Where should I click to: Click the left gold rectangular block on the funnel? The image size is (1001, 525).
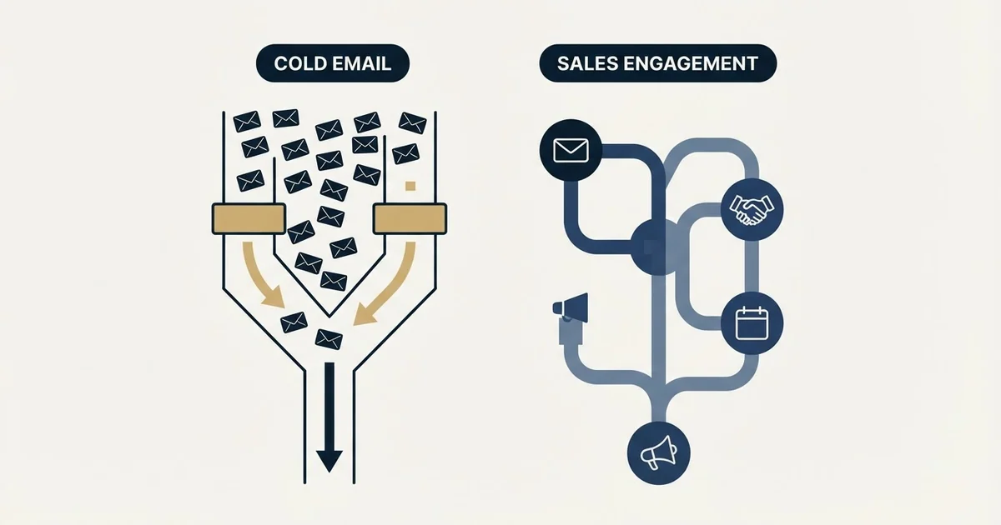[x=249, y=218]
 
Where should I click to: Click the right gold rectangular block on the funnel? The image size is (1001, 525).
[x=410, y=218]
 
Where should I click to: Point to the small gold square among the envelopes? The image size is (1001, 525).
[x=410, y=186]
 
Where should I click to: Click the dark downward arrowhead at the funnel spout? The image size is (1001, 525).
[x=329, y=461]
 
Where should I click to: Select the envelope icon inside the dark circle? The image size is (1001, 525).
[x=571, y=151]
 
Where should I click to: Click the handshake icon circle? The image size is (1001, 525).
[x=752, y=210]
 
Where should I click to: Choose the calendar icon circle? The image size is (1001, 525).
[x=752, y=323]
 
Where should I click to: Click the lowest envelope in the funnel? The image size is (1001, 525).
[x=329, y=340]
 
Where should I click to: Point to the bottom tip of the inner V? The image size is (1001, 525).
[x=329, y=317]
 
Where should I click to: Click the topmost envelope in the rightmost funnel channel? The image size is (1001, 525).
[x=412, y=122]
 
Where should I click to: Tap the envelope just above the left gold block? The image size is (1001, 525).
[x=250, y=181]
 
